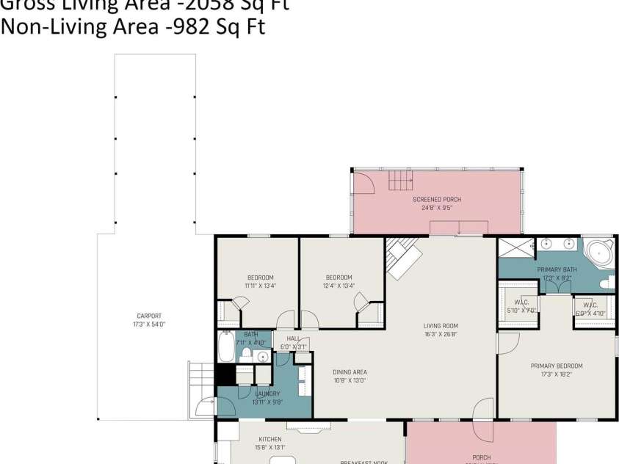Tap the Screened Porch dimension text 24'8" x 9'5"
437,208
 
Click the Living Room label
441,326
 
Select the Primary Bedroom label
557,366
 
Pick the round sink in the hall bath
261,356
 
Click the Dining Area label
350,371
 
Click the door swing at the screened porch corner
364,181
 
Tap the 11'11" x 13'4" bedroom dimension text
260,286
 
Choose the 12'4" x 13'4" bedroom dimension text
339,286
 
